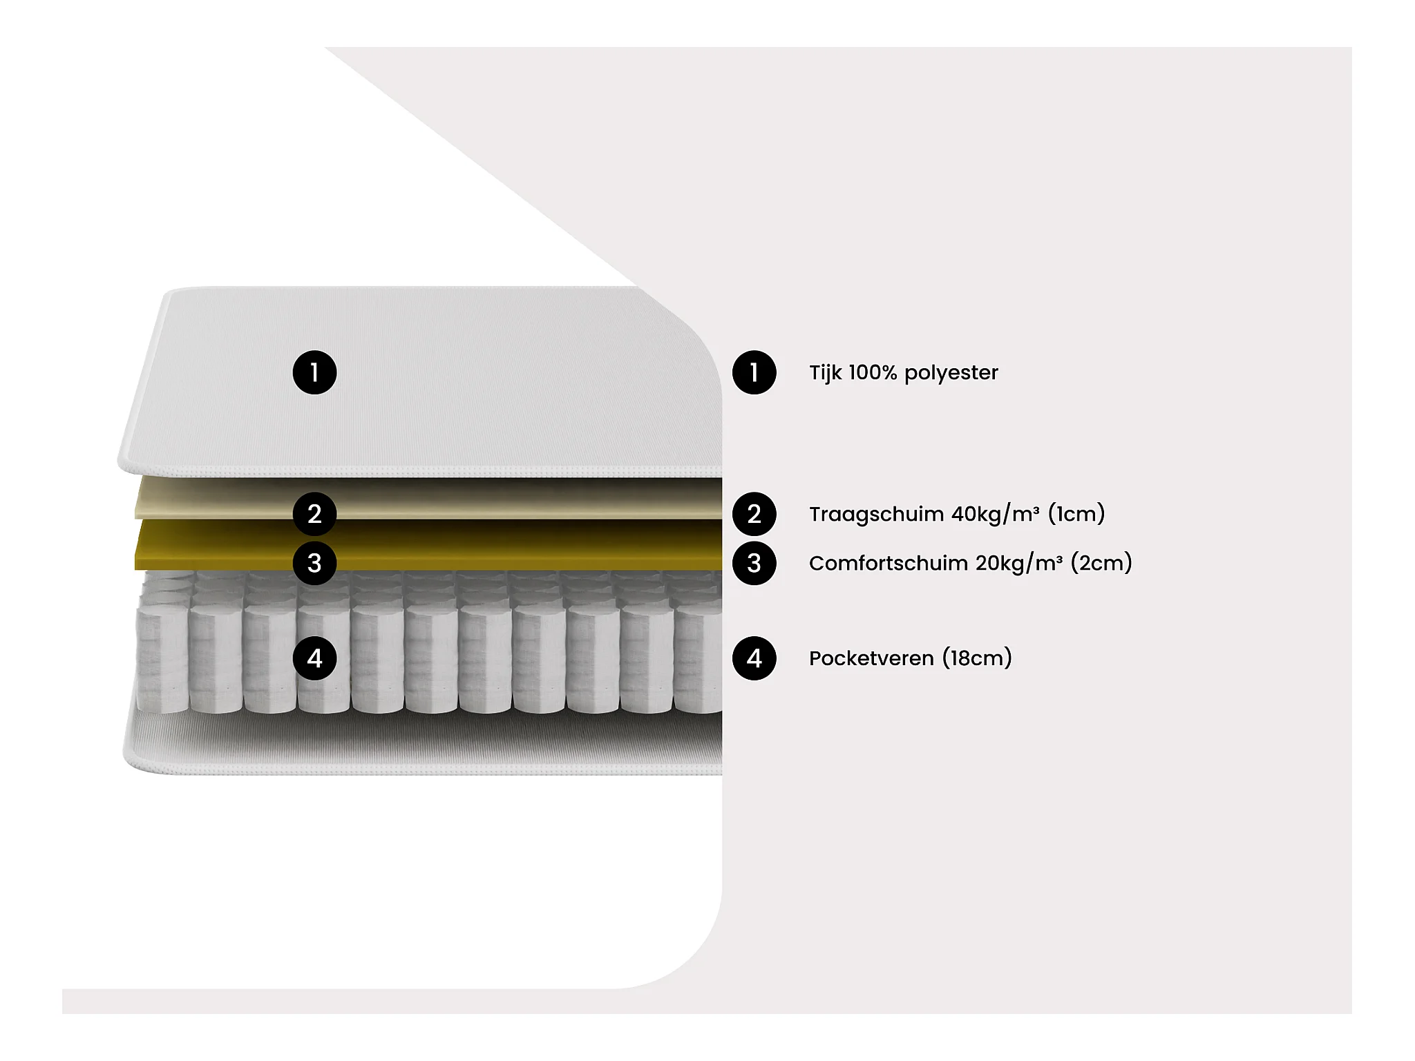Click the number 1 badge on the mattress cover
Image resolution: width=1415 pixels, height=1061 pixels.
(314, 372)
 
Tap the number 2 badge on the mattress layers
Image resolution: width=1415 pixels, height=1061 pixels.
(314, 514)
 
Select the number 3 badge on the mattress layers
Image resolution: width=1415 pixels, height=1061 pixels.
(314, 563)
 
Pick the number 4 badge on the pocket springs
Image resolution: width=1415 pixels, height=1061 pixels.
(314, 658)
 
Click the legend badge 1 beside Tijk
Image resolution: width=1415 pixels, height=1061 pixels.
(754, 372)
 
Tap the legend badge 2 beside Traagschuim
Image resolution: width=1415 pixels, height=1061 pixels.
(754, 514)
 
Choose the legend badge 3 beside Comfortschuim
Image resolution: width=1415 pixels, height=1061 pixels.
(754, 563)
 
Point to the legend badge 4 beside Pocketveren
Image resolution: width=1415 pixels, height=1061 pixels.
(754, 658)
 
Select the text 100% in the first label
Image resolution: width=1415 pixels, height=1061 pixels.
(873, 373)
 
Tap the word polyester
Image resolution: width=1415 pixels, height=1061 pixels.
(951, 374)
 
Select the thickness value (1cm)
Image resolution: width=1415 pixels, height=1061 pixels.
(1076, 515)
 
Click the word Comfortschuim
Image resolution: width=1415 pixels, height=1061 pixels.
(888, 564)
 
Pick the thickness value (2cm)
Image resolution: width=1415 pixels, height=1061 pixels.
(1101, 564)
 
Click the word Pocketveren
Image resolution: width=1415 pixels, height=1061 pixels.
(871, 659)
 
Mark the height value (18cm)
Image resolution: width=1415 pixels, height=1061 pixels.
(978, 659)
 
